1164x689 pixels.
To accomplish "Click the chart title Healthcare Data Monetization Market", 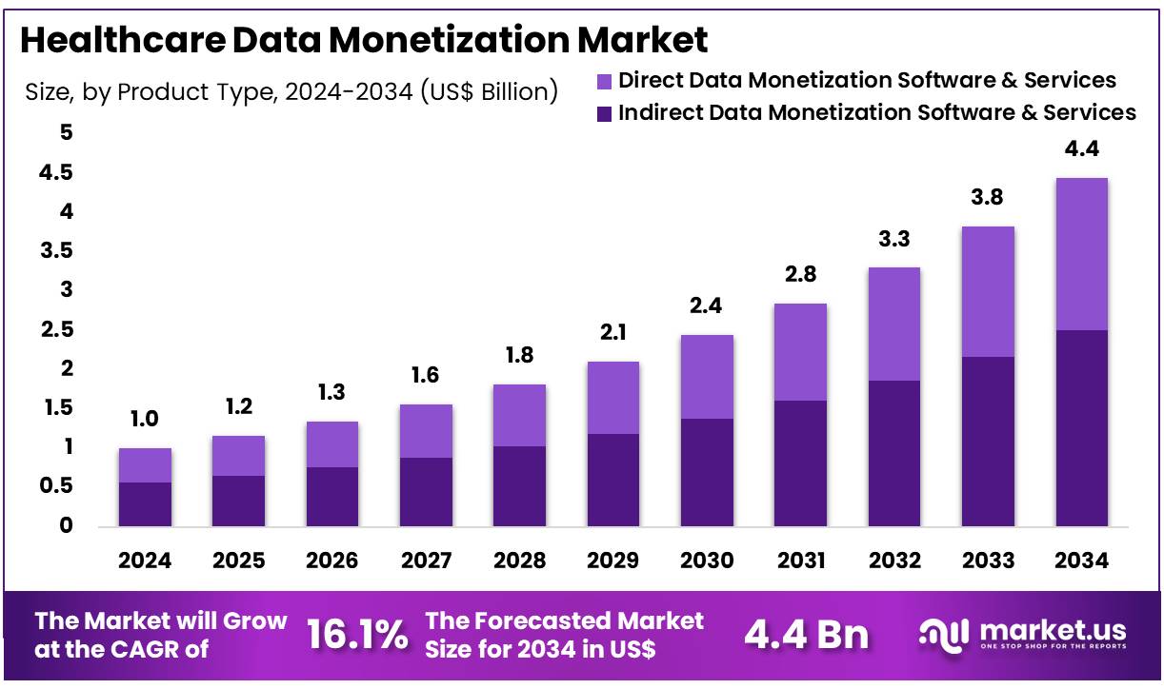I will coord(363,41).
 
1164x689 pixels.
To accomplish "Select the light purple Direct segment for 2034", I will coord(1081,254).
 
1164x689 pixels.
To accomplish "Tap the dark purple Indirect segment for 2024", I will coord(145,503).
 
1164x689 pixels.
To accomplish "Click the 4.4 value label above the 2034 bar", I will coord(1081,149).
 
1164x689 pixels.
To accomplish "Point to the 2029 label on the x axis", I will coord(612,561).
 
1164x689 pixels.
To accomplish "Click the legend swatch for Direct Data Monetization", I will coord(604,81).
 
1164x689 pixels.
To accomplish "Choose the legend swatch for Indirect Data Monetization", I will coord(604,113).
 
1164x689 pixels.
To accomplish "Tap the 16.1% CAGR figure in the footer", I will coord(357,635).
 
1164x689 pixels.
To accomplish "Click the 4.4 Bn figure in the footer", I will coord(807,635).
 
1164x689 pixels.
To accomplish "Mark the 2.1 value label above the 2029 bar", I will coord(612,333).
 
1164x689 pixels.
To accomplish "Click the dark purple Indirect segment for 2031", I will coord(800,463).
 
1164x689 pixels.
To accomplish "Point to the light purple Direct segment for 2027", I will coord(425,431).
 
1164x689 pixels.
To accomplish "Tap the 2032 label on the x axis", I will coord(893,561).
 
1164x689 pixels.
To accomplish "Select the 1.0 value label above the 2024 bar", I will coord(145,420).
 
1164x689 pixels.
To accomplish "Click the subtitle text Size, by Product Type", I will coord(291,91).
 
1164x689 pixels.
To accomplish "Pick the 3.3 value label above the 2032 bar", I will coord(893,239).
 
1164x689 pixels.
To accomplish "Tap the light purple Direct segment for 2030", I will coord(706,377).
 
